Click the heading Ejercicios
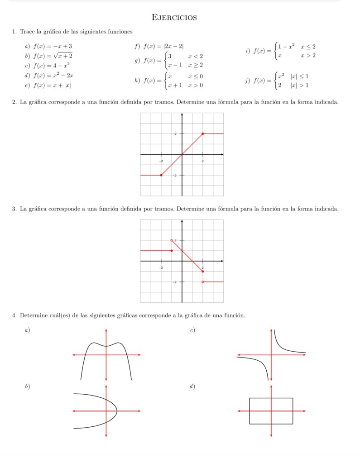[174, 18]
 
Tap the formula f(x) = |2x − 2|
[163, 46]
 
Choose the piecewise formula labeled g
[173, 60]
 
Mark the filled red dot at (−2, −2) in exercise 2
[161, 175]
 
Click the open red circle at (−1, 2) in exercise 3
[172, 240]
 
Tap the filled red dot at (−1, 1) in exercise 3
[172, 251]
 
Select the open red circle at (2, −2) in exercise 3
[202, 282]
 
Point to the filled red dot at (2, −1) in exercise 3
[202, 272]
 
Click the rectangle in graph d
[271, 411]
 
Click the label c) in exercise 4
[193, 331]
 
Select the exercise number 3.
[15, 209]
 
